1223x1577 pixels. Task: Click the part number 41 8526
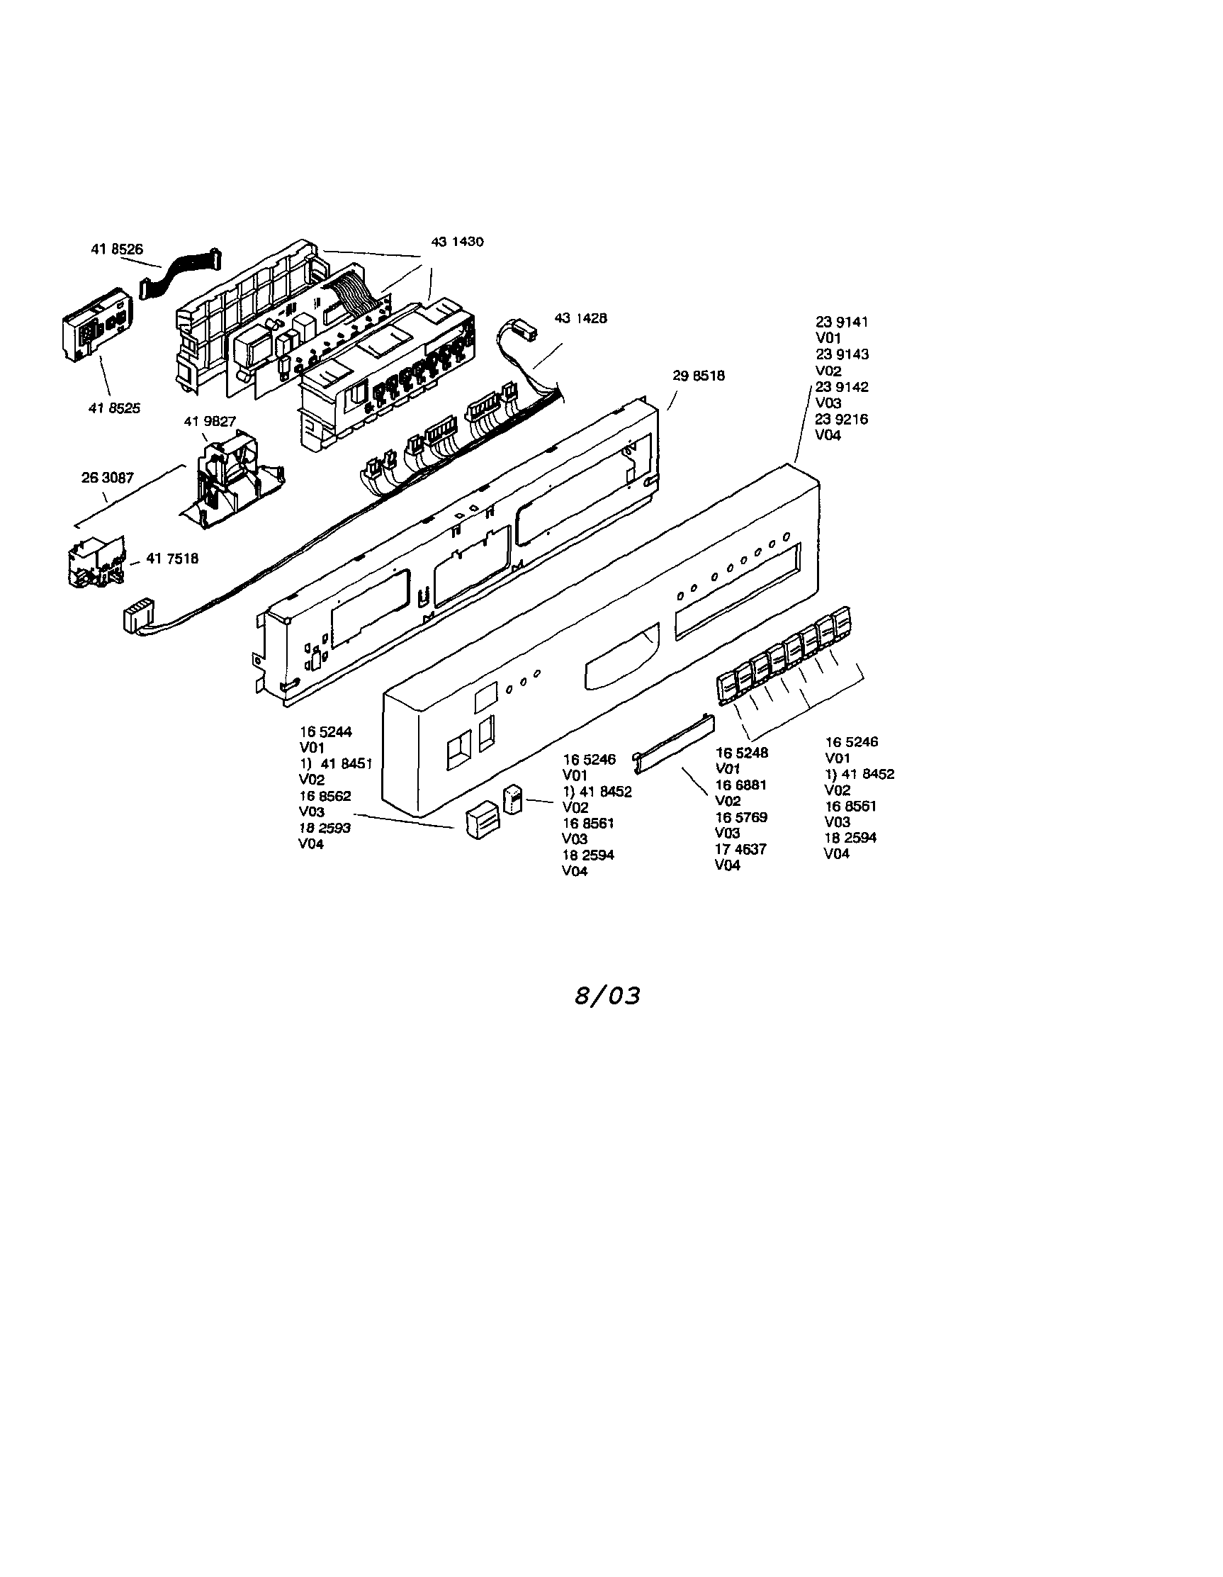[x=117, y=249]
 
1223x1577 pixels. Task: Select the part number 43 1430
[x=458, y=242]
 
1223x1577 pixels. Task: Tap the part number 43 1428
[x=580, y=318]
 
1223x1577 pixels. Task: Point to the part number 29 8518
[x=699, y=376]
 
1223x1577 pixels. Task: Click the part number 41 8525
[x=115, y=408]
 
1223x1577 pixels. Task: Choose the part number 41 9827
[x=210, y=422]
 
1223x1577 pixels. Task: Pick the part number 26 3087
[x=108, y=478]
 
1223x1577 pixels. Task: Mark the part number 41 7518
[x=173, y=559]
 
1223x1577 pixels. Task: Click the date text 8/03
[x=608, y=997]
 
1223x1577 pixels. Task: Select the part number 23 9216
[x=842, y=419]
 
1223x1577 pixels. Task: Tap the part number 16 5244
[x=326, y=731]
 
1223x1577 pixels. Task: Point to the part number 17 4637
[x=740, y=849]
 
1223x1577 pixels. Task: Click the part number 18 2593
[x=325, y=828]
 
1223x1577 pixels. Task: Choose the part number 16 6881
[x=740, y=785]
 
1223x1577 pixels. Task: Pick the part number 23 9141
[x=842, y=322]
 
